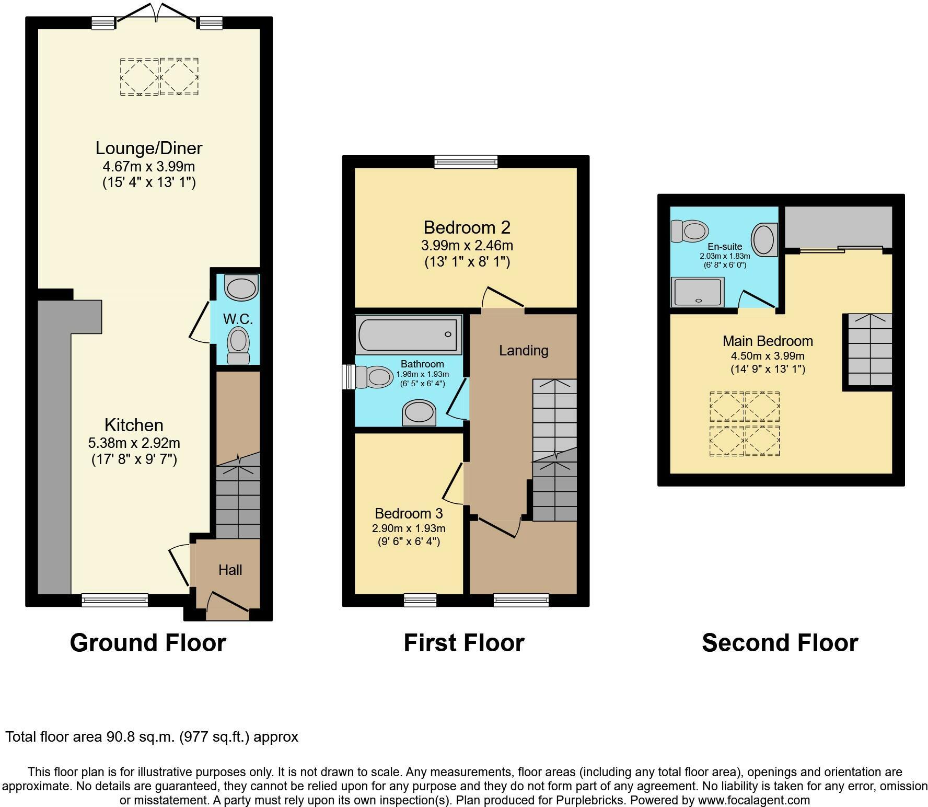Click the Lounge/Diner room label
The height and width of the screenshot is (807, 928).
tap(148, 148)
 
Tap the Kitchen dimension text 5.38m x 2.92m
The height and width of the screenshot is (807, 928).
tap(134, 443)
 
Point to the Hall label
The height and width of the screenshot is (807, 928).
tap(230, 570)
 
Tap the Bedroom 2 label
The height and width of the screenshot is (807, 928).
tap(467, 227)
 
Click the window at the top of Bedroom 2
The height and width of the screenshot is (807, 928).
tap(466, 162)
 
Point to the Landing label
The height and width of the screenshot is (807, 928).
tap(524, 350)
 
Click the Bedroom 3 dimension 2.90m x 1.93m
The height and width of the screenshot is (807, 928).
tap(409, 528)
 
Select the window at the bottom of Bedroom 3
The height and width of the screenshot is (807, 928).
tap(420, 600)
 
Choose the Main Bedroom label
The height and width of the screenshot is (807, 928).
tap(768, 341)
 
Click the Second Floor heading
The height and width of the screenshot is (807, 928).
tap(780, 643)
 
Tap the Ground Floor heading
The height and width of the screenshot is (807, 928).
tap(148, 643)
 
